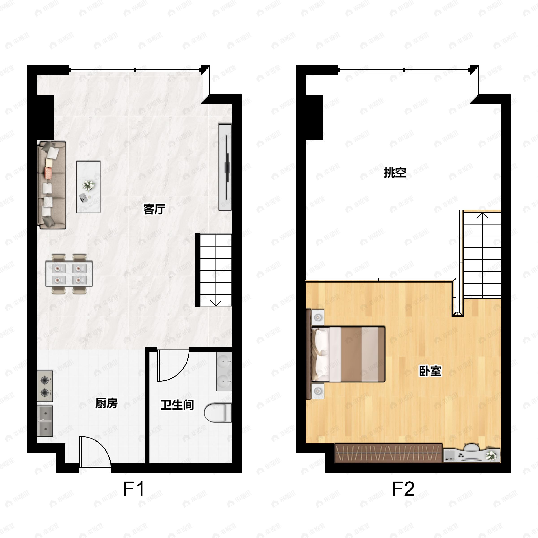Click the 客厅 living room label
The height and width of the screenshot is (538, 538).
tap(154, 209)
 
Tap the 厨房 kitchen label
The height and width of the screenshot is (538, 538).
tap(106, 403)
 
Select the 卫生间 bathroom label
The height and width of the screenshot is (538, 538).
tap(177, 405)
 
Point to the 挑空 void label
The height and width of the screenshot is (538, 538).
tap(395, 173)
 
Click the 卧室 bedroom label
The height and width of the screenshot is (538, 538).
tap(430, 371)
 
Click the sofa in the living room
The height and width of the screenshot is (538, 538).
tap(52, 185)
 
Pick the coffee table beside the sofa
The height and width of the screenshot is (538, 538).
tap(89, 187)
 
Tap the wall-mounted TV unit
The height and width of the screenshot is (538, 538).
tap(225, 167)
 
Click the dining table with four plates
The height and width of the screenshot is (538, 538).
tap(69, 274)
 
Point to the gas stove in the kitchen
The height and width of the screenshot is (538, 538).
tap(45, 386)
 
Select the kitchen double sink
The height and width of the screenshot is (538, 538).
tap(45, 421)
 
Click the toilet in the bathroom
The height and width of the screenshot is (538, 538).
tap(218, 413)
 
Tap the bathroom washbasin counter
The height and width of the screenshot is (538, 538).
tap(224, 371)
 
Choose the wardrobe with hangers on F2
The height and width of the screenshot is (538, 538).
tap(388, 453)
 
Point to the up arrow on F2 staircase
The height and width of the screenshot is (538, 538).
tap(483, 215)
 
